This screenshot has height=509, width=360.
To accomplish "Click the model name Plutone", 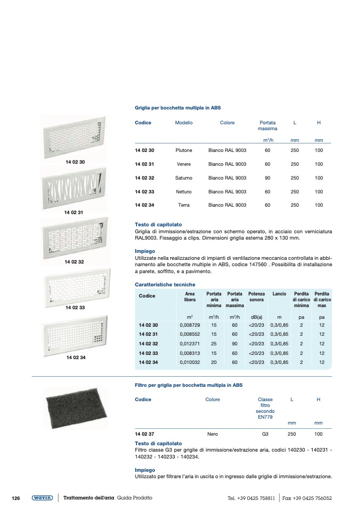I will click(183, 150).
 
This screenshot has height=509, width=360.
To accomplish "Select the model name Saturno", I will click(183, 178).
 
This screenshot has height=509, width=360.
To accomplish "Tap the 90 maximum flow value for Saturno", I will click(267, 178).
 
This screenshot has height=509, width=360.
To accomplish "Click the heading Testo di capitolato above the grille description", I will click(158, 225).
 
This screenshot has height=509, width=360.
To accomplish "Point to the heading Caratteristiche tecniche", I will click(165, 285).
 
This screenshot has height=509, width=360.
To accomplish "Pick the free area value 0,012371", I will click(190, 344).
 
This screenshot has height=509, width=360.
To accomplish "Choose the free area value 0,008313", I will click(190, 353).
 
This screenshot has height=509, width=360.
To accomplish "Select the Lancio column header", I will click(279, 294).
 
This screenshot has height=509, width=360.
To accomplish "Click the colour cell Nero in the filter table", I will click(212, 434).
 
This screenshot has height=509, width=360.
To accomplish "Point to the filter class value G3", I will click(265, 434).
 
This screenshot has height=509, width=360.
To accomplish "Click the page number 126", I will click(16, 498).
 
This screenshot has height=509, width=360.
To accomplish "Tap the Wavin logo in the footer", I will click(42, 498).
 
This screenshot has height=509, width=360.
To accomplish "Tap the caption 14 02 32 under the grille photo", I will click(74, 262).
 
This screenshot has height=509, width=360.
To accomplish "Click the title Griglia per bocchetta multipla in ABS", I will click(178, 107).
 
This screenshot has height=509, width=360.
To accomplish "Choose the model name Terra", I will click(183, 205).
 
